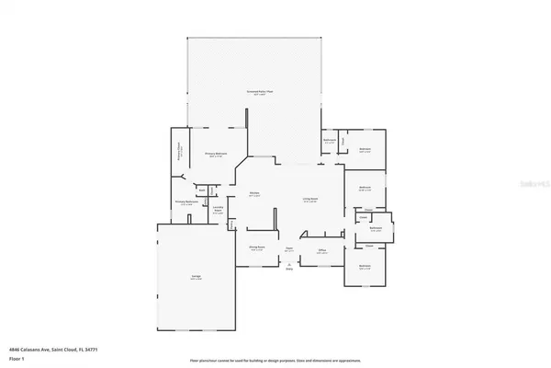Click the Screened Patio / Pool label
[x=255, y=93]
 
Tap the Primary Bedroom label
[x=217, y=155]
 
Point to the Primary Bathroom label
[x=187, y=202]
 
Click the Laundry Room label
[x=218, y=211]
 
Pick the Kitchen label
[x=254, y=194]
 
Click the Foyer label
[x=288, y=248]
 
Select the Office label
[x=322, y=249]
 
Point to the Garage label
[x=195, y=277]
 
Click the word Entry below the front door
[x=288, y=269]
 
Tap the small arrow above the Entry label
[x=288, y=263]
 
